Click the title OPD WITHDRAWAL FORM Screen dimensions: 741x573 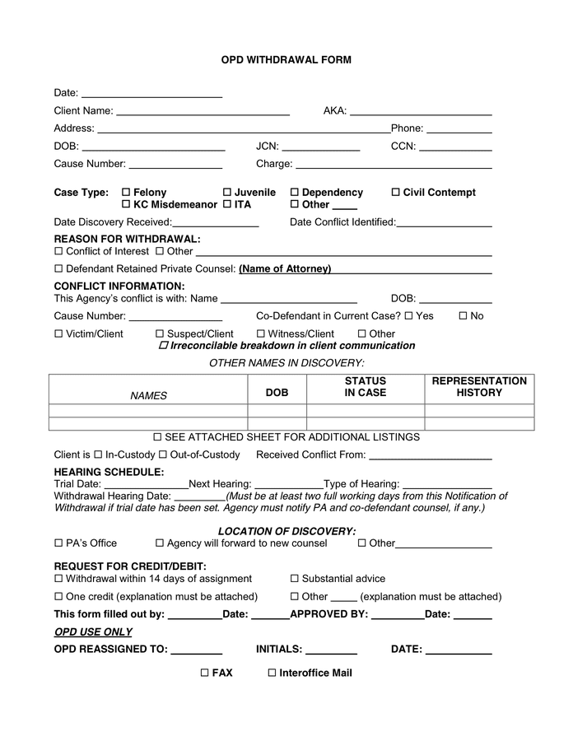pos(286,60)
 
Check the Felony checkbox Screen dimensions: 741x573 pos(126,193)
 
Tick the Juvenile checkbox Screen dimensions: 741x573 pos(227,193)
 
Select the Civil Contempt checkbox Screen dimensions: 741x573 pos(395,193)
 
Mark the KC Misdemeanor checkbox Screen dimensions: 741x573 pos(126,205)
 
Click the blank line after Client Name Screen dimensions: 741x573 pos(203,111)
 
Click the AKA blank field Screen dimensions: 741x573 pos(421,111)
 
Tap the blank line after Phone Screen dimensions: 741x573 pos(459,129)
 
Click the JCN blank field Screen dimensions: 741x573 pos(321,147)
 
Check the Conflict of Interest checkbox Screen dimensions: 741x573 pos(58,252)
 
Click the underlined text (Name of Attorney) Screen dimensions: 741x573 pos(285,269)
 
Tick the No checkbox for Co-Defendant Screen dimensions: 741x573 pos(463,316)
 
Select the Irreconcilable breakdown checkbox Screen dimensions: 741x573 pos(162,346)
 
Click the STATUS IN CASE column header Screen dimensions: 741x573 pos(365,387)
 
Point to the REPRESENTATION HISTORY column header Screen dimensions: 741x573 pos(479,387)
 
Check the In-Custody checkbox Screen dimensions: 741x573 pos(98,455)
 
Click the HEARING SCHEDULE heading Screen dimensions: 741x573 pos(109,472)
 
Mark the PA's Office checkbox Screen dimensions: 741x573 pos(58,543)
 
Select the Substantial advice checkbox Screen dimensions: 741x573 pos(295,579)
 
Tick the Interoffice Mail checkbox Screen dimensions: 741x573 pos(272,673)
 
